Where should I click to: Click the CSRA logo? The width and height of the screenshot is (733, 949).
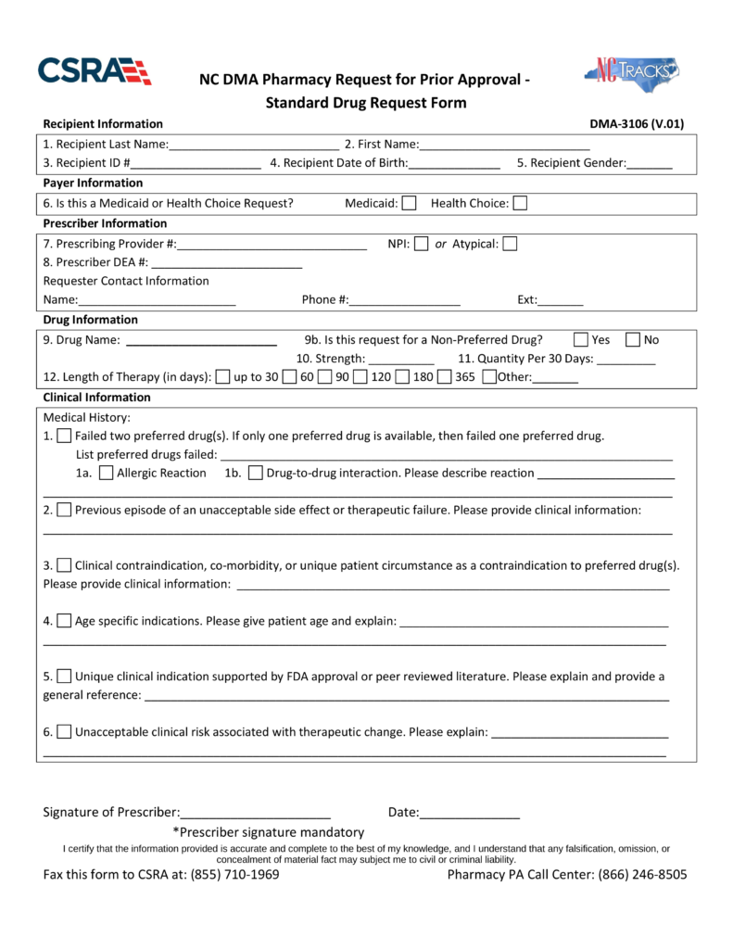tap(94, 71)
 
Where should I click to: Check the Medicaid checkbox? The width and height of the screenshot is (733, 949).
tap(409, 204)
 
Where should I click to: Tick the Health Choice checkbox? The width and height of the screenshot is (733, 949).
tap(520, 204)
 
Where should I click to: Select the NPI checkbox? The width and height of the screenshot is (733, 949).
tap(421, 245)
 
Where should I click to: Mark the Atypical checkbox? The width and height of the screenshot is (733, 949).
tap(510, 245)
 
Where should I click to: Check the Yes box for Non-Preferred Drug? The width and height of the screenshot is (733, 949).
tap(581, 339)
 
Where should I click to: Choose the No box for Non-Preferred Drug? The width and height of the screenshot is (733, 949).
tap(633, 339)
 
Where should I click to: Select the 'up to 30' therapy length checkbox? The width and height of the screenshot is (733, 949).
tap(222, 377)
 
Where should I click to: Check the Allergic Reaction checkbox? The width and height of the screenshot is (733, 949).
tap(106, 474)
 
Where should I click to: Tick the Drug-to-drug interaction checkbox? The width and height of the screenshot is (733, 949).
tap(256, 474)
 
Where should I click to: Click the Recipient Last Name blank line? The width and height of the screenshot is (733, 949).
tap(254, 145)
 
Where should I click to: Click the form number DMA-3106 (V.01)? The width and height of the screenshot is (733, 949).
tap(637, 124)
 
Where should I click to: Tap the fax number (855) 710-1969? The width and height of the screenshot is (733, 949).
tap(234, 875)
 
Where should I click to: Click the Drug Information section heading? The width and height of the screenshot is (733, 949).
tap(91, 320)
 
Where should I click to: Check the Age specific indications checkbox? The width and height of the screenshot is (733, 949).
tap(64, 620)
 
